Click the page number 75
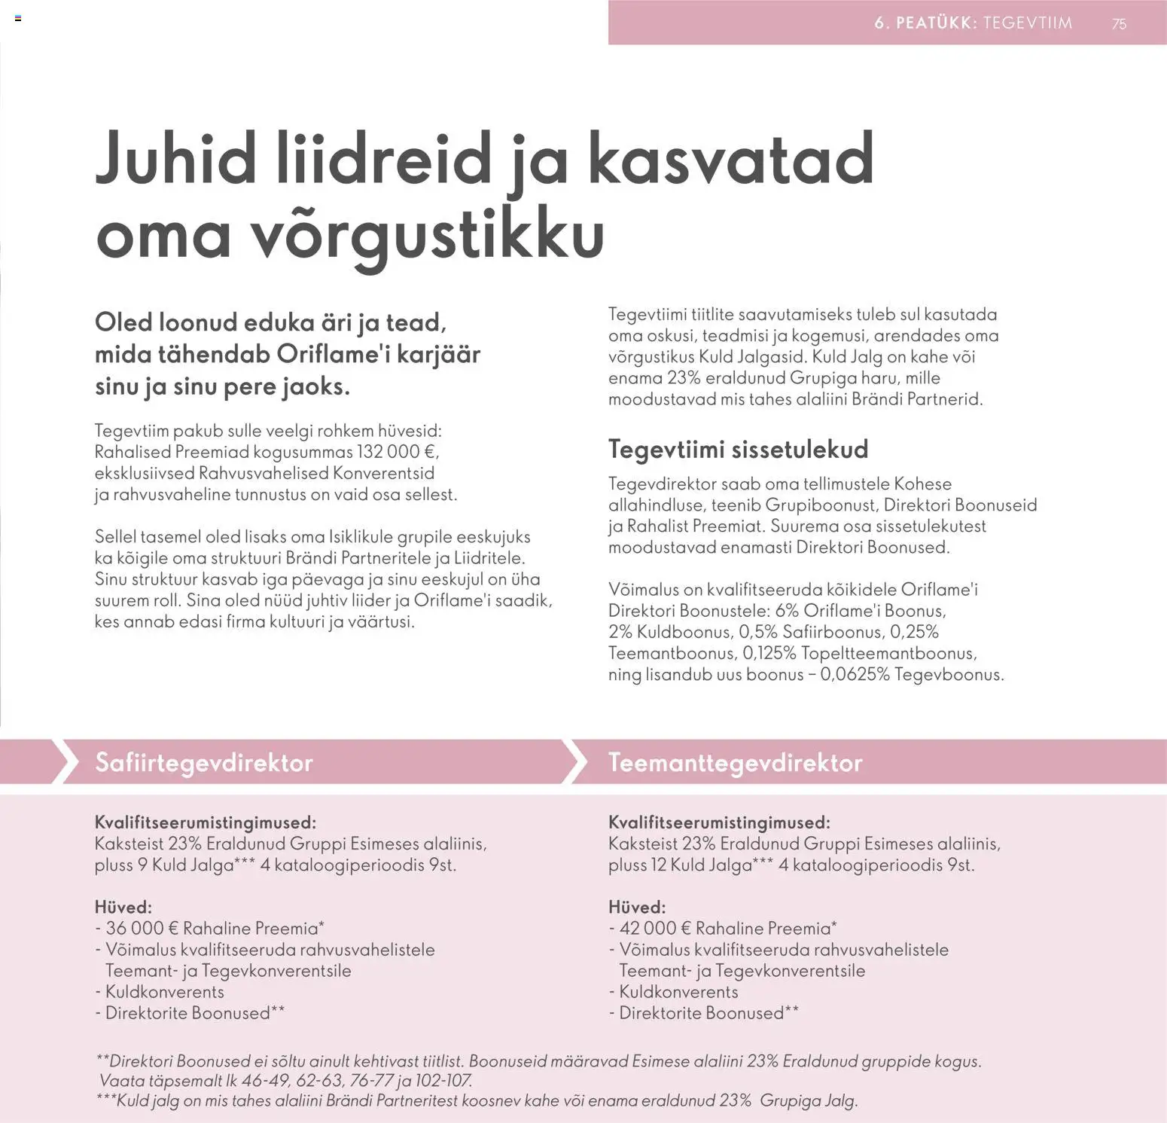click(1119, 23)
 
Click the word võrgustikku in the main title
click(426, 233)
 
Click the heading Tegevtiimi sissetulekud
click(738, 449)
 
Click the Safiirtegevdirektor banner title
click(203, 762)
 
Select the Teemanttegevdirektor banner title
click(735, 762)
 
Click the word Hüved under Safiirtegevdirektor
click(123, 907)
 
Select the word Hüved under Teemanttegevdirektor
click(636, 907)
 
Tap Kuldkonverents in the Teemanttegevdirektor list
click(678, 991)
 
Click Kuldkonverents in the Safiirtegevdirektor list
click(164, 991)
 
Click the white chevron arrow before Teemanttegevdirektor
click(575, 761)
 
